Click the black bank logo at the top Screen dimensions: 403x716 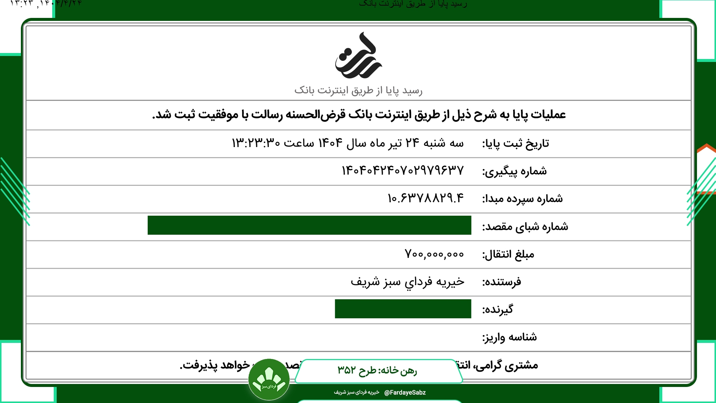tap(358, 56)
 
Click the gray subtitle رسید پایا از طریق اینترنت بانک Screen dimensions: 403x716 tap(358, 90)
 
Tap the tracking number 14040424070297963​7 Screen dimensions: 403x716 tap(403, 171)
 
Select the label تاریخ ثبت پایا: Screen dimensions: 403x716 tap(515, 144)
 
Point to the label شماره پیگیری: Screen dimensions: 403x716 tap(514, 171)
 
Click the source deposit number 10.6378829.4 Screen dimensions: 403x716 tap(425, 198)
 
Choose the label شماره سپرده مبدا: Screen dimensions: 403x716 tap(522, 199)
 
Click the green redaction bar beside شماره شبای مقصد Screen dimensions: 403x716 tap(309, 225)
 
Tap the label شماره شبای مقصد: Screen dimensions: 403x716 tap(525, 227)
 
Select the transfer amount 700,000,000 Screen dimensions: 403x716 tap(434, 254)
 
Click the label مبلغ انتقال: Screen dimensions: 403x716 tap(508, 254)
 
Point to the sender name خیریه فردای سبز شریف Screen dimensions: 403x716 tap(407, 282)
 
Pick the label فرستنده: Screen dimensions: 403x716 tap(501, 282)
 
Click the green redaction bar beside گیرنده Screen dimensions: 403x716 tap(403, 309)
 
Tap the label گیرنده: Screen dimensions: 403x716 tap(497, 310)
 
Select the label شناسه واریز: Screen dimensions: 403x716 tap(509, 337)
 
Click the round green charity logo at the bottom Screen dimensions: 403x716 tap(269, 379)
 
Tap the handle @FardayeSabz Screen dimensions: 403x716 tap(405, 393)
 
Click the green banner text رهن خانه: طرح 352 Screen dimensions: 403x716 tap(377, 370)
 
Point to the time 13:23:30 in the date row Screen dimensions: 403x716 tap(256, 143)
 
